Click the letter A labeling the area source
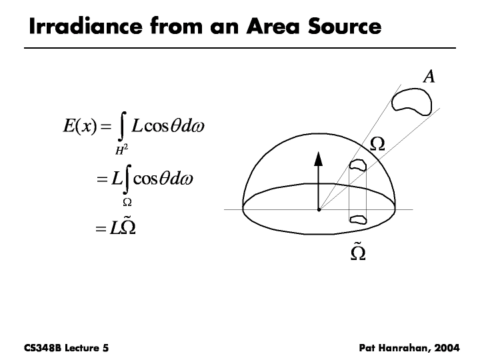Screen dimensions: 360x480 (x=429, y=77)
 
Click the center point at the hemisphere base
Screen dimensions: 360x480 (x=319, y=209)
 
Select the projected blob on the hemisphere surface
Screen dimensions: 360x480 (x=359, y=165)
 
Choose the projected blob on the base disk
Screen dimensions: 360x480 (x=359, y=217)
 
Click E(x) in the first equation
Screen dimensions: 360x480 (x=79, y=125)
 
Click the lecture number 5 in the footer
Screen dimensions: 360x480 (x=105, y=348)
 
